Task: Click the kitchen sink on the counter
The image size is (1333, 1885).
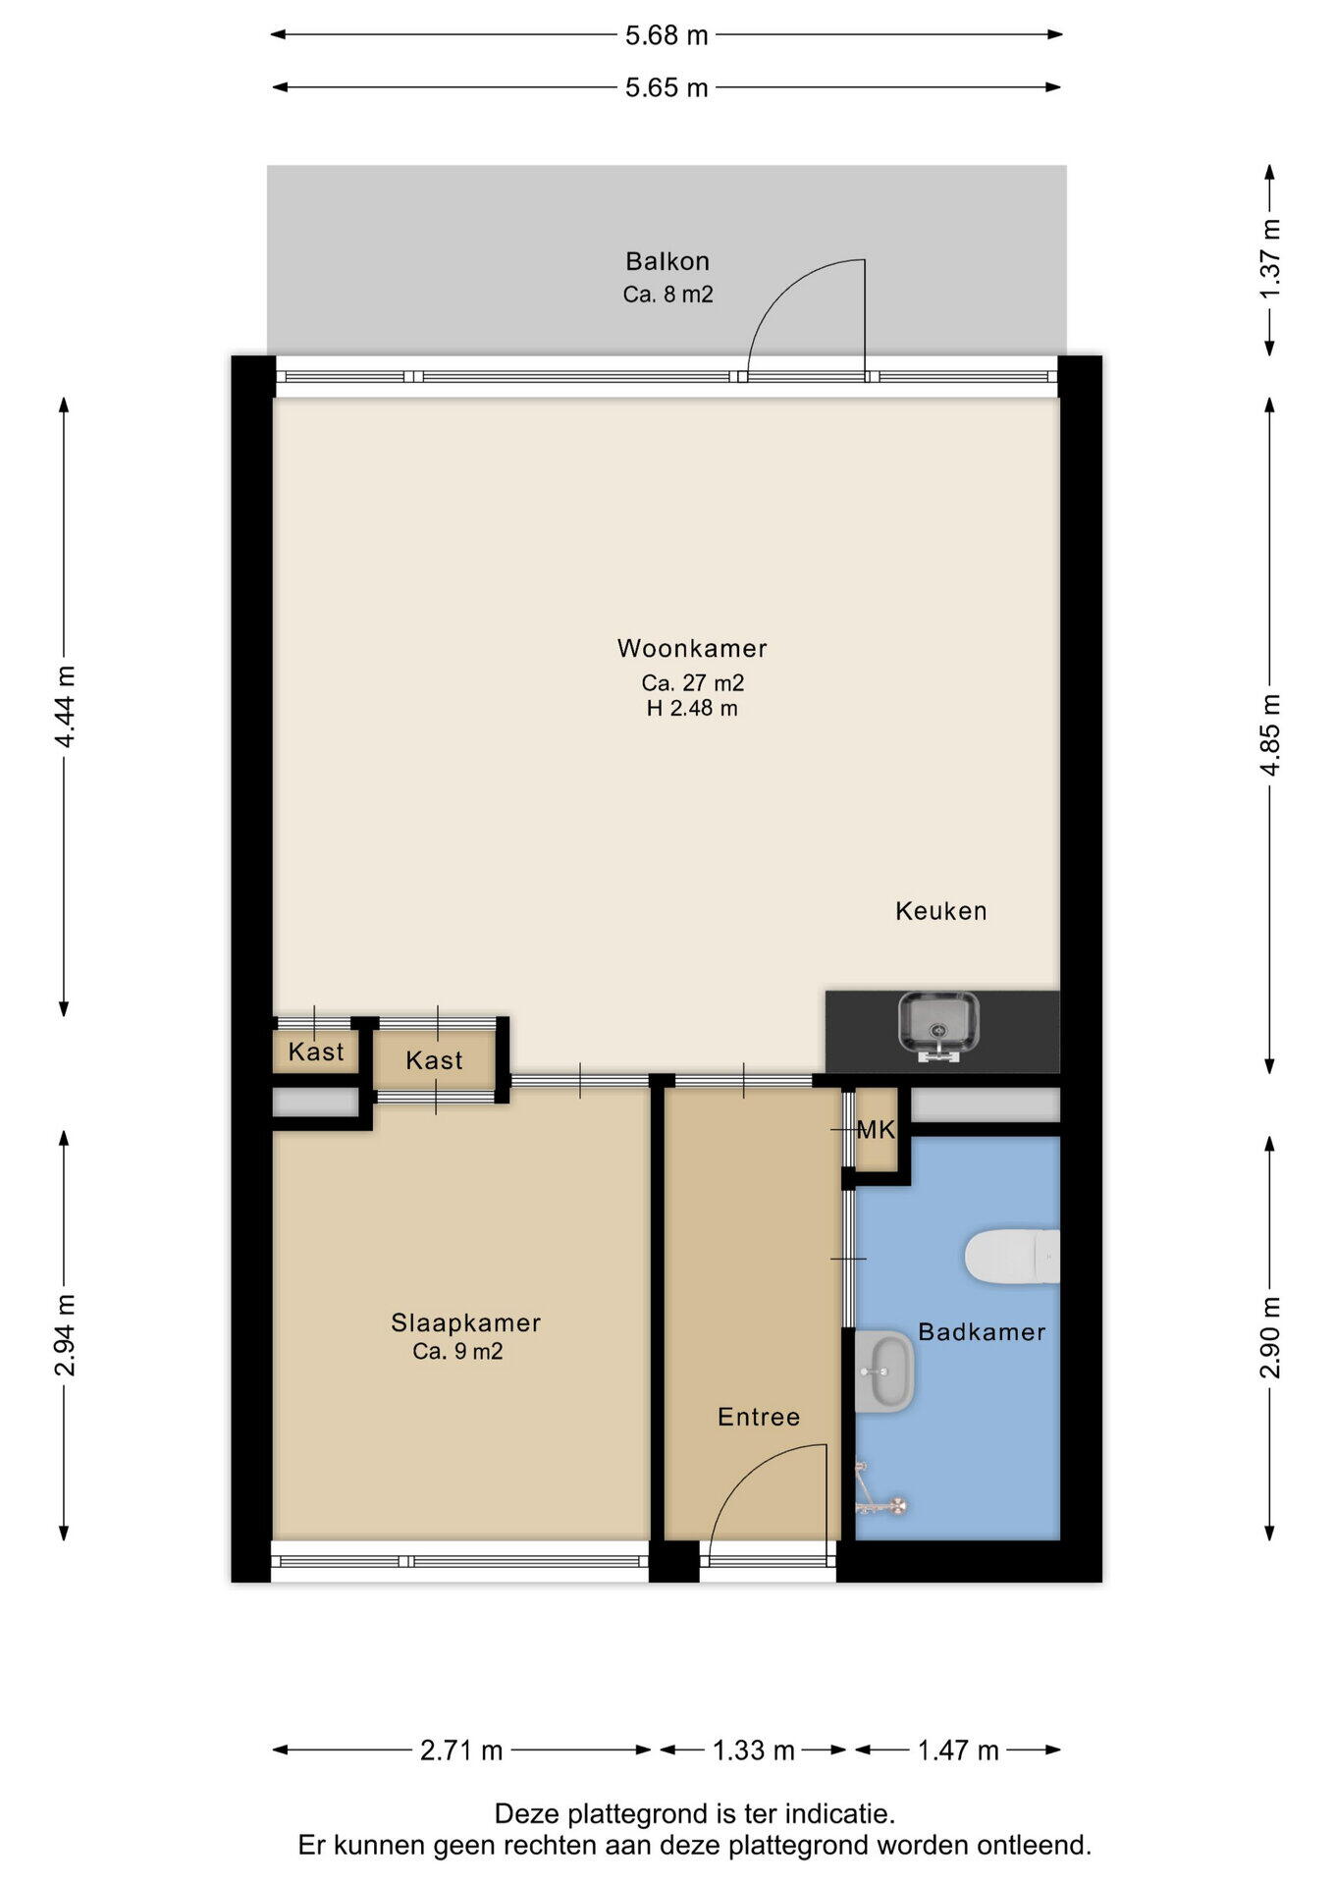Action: pyautogui.click(x=938, y=1028)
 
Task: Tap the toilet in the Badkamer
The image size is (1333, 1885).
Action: pyautogui.click(x=1012, y=1257)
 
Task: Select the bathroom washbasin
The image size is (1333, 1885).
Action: pyautogui.click(x=884, y=1372)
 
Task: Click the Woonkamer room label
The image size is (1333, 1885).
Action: pyautogui.click(x=692, y=648)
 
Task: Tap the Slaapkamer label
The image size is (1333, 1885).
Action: pyautogui.click(x=466, y=1322)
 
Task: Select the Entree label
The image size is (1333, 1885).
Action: pyautogui.click(x=759, y=1417)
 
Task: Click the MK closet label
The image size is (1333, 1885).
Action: pyautogui.click(x=876, y=1130)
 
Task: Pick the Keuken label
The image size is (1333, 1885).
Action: pyautogui.click(x=941, y=911)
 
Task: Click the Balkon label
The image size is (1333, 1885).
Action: pyautogui.click(x=667, y=261)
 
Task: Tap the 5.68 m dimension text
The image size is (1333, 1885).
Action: pyautogui.click(x=666, y=35)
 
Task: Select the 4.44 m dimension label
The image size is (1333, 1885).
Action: pyautogui.click(x=65, y=707)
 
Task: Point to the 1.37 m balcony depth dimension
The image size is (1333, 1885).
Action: pyautogui.click(x=1270, y=259)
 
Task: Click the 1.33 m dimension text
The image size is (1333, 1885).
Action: pyautogui.click(x=753, y=1750)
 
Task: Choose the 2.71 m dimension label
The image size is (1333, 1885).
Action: pyautogui.click(x=461, y=1750)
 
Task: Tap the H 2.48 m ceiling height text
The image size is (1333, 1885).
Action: pyautogui.click(x=692, y=708)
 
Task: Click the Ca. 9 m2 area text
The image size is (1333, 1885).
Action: pyautogui.click(x=457, y=1352)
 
